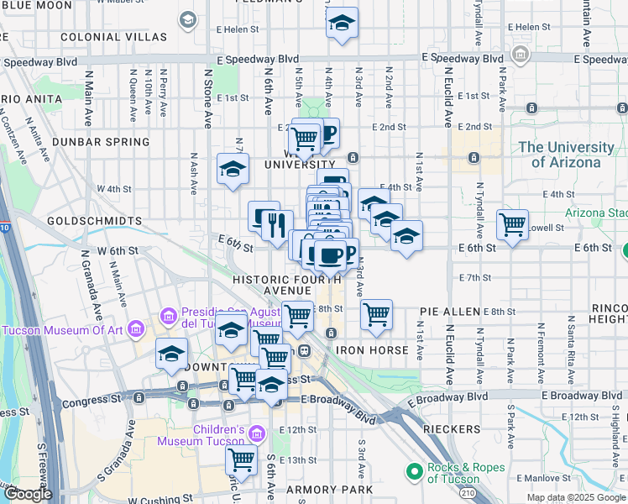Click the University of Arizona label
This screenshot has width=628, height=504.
(566, 155)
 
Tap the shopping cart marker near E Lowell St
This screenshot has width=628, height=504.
(512, 224)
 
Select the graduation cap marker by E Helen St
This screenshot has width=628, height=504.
(342, 24)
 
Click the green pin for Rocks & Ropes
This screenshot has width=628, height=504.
(412, 473)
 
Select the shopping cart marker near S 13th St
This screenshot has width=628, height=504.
(241, 459)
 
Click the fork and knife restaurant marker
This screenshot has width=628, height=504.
(275, 224)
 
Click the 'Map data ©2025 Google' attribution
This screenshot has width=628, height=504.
(576, 497)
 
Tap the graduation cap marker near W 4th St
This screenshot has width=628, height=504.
(233, 170)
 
